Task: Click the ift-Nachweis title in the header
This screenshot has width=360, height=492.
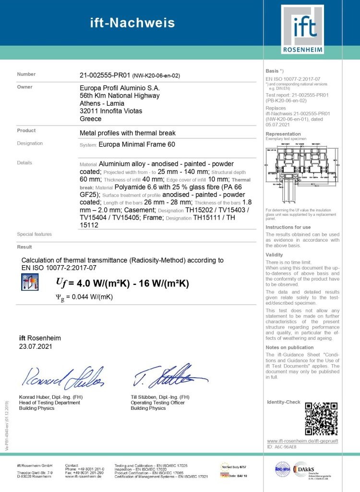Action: point(132,23)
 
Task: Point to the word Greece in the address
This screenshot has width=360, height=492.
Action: point(90,119)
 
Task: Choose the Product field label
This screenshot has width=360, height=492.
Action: point(26,130)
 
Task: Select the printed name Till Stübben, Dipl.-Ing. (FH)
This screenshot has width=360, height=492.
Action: point(160,397)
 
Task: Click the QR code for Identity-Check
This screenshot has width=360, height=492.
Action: point(321,418)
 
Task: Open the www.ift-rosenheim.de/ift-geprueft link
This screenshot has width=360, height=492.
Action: point(303,441)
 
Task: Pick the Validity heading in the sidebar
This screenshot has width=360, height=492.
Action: point(275,255)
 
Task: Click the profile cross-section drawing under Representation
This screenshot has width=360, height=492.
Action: point(302,173)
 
